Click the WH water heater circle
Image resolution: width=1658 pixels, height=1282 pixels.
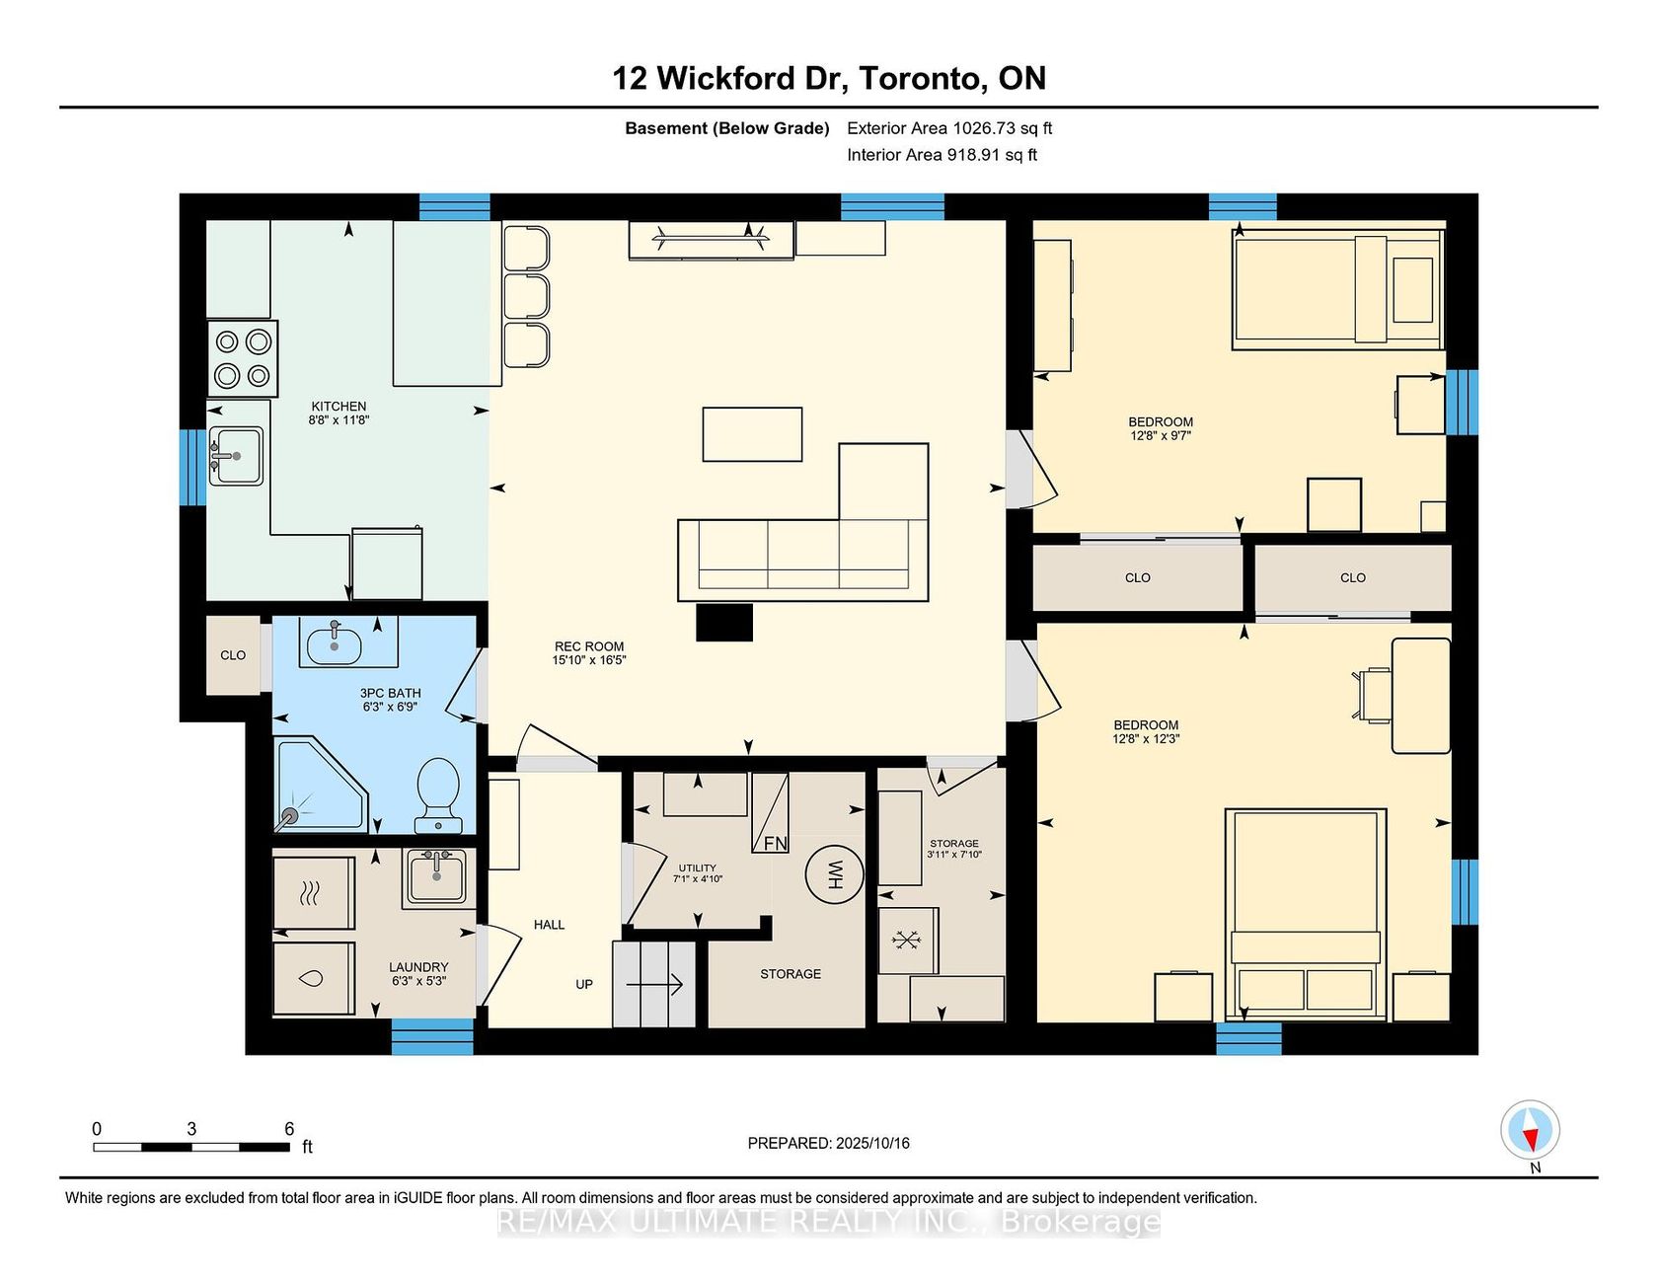[x=834, y=872]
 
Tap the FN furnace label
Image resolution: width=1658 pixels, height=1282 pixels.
[x=776, y=843]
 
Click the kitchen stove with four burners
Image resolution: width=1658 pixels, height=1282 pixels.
[x=243, y=358]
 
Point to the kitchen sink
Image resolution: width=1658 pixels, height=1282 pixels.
[x=236, y=456]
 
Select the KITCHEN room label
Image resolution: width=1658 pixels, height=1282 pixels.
[x=339, y=406]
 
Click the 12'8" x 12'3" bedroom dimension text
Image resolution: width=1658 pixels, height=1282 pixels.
[x=1146, y=738]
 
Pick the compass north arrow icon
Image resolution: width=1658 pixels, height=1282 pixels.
[x=1530, y=1130]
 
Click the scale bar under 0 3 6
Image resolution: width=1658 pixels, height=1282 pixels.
[x=191, y=1147]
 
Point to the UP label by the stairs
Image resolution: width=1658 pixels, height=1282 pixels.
[x=584, y=984]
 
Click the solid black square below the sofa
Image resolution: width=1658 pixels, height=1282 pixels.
[x=724, y=622]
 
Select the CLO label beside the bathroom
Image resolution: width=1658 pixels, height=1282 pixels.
[x=233, y=655]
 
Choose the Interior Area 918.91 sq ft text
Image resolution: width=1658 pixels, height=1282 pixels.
[x=942, y=155]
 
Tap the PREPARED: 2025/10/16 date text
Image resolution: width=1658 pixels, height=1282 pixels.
[x=829, y=1143]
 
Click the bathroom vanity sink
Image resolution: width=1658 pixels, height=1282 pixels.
[x=335, y=643]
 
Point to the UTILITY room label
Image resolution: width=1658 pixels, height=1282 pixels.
[x=698, y=868]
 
